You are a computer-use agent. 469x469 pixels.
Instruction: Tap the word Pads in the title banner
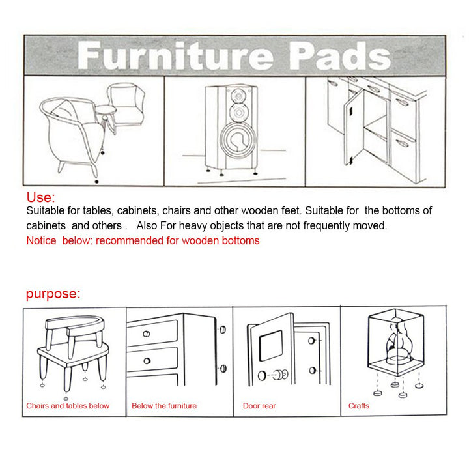[x=340, y=56]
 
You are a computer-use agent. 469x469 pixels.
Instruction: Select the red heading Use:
[x=40, y=197]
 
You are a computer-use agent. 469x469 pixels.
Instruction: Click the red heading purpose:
[x=53, y=294]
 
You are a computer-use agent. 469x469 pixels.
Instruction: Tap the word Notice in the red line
[x=41, y=241]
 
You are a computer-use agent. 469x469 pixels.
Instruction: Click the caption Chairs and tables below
[x=68, y=406]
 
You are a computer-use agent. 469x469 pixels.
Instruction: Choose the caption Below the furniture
[x=164, y=406]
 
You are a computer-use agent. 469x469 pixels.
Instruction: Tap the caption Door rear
[x=259, y=406]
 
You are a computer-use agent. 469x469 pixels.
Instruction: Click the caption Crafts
[x=358, y=406]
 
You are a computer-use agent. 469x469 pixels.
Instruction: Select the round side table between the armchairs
[x=106, y=110]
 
